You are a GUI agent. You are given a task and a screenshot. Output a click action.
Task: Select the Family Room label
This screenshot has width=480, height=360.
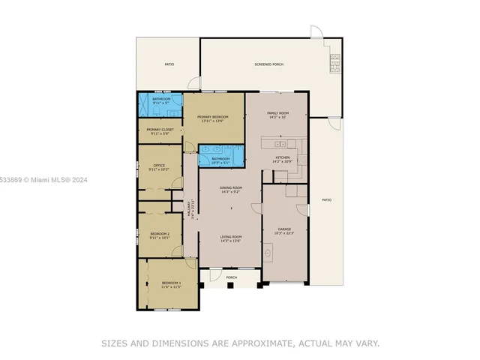tap(277, 113)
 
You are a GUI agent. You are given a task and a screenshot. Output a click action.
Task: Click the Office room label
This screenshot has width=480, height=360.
tap(159, 166)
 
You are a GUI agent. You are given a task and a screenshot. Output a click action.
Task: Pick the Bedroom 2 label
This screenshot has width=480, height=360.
tap(160, 234)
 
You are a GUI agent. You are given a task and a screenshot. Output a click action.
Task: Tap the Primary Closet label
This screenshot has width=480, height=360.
tap(159, 130)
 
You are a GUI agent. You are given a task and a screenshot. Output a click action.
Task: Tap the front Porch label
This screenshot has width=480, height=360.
tap(231, 277)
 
